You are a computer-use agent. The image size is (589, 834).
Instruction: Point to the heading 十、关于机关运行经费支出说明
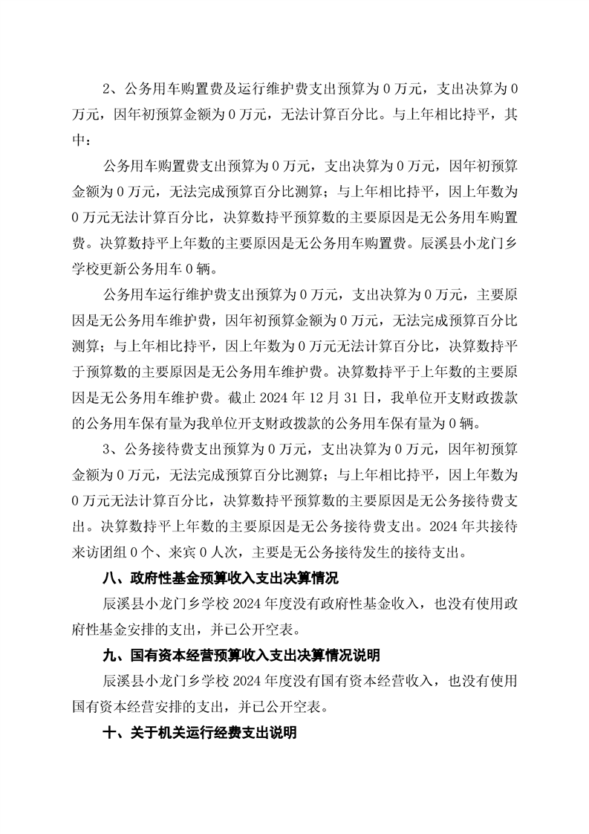pyautogui.click(x=200, y=733)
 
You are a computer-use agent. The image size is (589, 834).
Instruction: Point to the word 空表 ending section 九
pyautogui.click(x=308, y=708)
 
